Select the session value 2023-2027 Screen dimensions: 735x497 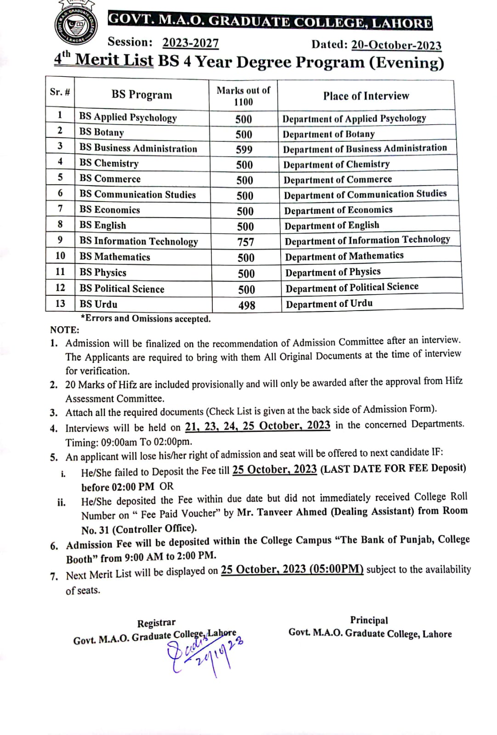tap(191, 43)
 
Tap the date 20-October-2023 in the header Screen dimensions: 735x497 tap(396, 45)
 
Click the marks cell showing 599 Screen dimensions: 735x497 tap(244, 149)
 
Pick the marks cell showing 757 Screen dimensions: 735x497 tap(246, 242)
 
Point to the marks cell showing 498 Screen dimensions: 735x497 tap(247, 305)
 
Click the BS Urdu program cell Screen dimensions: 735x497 tap(98, 304)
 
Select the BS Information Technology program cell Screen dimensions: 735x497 tap(138, 241)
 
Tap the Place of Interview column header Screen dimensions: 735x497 tap(366, 96)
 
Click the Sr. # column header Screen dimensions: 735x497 tap(60, 92)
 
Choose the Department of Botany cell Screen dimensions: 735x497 tap(328, 134)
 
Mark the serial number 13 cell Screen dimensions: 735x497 tap(60, 303)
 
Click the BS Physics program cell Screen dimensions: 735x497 tap(102, 272)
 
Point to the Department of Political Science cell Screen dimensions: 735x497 tap(352, 288)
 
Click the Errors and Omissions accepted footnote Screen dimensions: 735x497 tap(146, 318)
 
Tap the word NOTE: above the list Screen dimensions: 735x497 tap(64, 329)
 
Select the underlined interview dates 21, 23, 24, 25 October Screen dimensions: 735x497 tap(257, 426)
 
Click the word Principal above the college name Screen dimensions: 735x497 tap(369, 620)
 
